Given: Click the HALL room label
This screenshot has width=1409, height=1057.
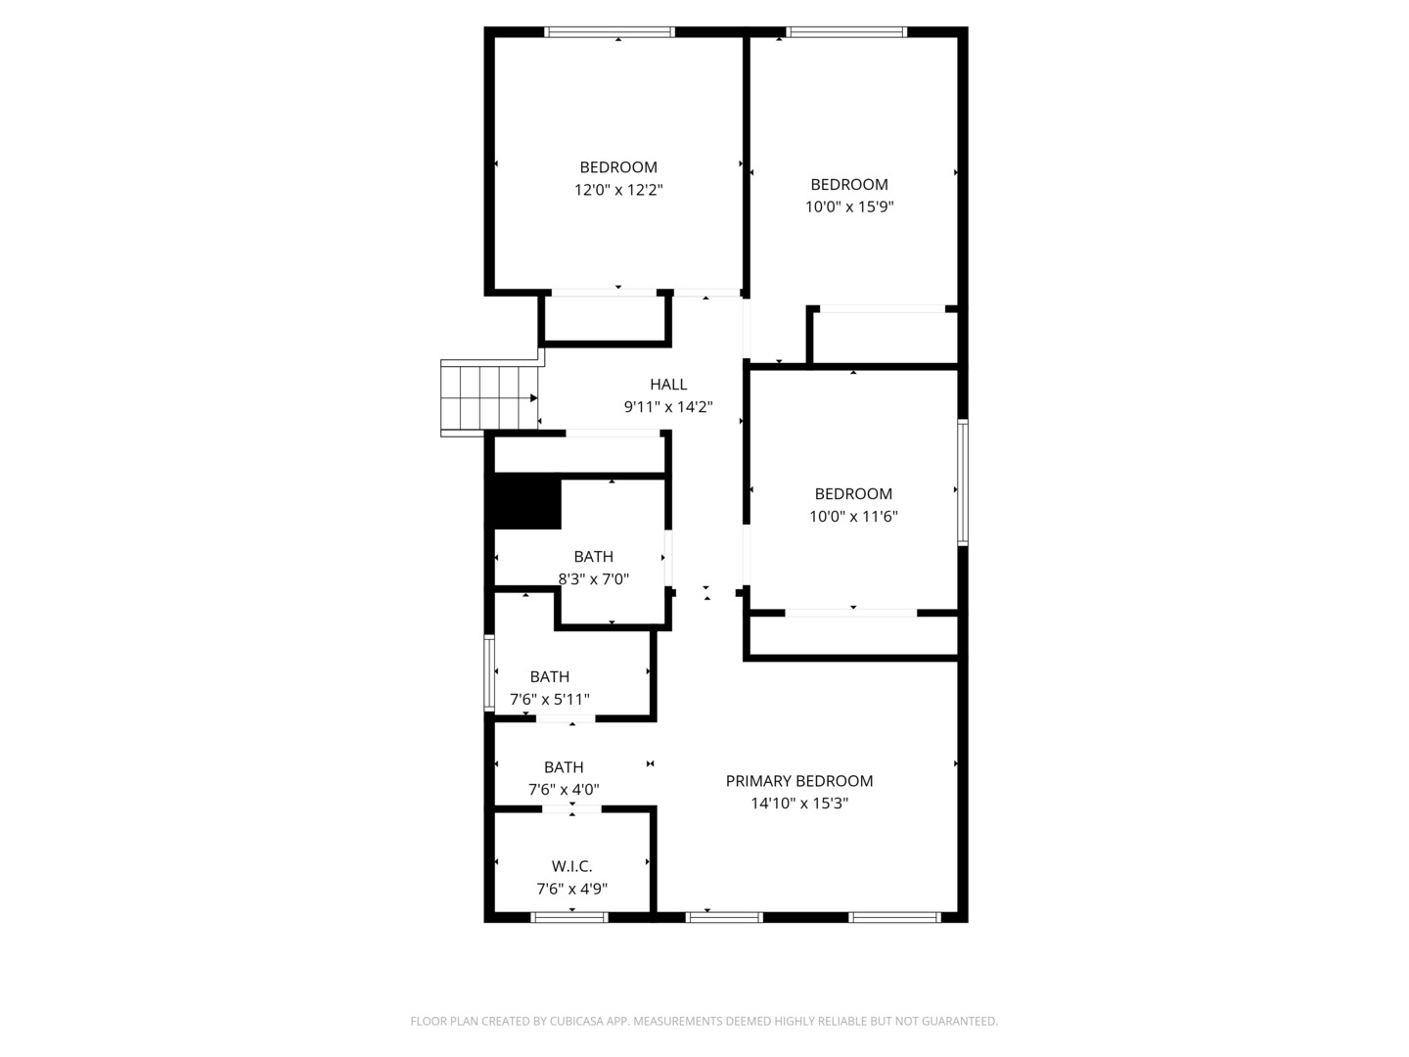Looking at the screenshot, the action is tap(668, 385).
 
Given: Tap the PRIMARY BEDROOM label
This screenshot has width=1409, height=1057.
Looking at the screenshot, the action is tap(799, 781).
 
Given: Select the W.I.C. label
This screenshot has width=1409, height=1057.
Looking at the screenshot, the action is tap(571, 866).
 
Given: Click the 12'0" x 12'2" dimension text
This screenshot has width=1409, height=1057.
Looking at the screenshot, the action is tap(618, 190).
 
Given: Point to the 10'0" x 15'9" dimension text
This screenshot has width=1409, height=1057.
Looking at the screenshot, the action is tap(849, 207).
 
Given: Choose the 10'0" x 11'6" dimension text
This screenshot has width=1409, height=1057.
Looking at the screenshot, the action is tap(853, 517).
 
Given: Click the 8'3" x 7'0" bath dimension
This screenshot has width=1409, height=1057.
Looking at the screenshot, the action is tap(593, 579).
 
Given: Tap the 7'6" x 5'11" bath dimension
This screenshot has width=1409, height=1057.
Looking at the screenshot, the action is tap(550, 700).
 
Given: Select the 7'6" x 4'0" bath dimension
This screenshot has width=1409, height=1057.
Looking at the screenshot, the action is tap(564, 790).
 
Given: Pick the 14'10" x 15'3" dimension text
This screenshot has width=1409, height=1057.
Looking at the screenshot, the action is tap(799, 804).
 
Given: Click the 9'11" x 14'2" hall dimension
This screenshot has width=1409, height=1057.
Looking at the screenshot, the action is tap(668, 407).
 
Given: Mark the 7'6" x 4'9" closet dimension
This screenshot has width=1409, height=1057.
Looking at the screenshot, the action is tap(571, 889).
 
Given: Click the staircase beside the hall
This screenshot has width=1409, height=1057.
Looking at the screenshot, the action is tap(489, 398).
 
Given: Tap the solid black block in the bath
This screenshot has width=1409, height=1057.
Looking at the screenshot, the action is tap(527, 502).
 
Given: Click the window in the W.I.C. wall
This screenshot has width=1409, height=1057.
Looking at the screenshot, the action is tap(569, 918).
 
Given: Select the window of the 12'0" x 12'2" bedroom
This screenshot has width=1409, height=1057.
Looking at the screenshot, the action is tap(610, 32).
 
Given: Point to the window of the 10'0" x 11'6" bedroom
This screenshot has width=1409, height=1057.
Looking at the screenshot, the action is tap(963, 483).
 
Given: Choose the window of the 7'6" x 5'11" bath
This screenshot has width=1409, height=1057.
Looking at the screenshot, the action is tap(489, 673).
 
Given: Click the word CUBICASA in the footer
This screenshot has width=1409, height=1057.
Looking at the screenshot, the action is tap(576, 1021).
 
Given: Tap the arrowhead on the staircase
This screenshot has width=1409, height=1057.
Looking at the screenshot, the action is tap(533, 398).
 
